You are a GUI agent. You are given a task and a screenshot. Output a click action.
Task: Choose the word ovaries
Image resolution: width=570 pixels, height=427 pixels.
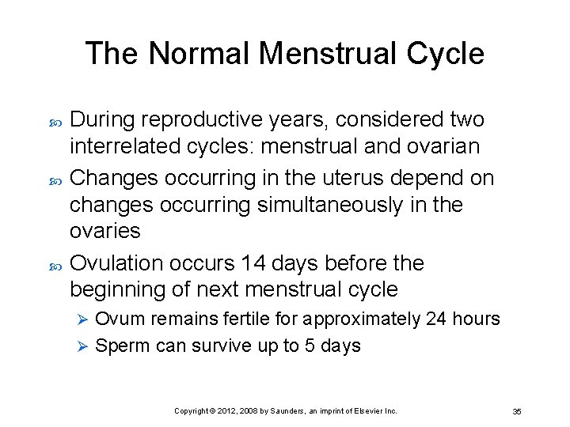click(105, 231)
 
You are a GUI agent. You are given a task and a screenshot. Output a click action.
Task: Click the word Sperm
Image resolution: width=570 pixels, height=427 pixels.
click(120, 346)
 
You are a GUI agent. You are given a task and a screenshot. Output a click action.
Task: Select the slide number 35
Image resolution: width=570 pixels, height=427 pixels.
click(516, 411)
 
